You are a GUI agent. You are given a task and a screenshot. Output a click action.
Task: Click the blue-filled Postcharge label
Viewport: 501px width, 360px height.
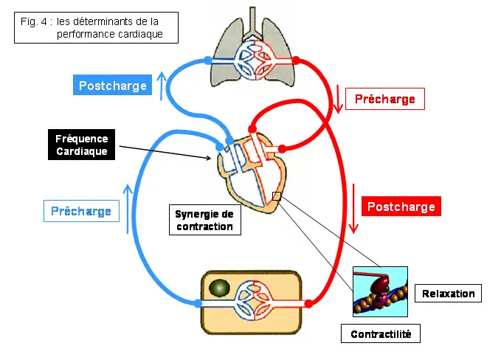click(x=114, y=86)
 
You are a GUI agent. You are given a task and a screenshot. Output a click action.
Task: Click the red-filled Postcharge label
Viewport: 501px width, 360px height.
click(x=401, y=207)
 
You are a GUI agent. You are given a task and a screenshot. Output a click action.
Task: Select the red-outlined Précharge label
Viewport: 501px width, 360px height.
click(x=385, y=100)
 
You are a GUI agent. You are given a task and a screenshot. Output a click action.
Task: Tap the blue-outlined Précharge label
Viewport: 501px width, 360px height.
click(x=80, y=211)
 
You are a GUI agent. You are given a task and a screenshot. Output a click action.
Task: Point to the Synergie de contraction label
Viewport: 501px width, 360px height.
click(x=204, y=220)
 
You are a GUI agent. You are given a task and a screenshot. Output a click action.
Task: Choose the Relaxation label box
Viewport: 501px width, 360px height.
click(x=449, y=294)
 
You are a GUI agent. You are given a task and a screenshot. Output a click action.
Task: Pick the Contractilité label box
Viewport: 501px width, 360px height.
click(x=381, y=334)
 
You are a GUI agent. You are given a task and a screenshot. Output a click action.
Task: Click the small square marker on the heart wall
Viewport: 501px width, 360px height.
click(x=277, y=195)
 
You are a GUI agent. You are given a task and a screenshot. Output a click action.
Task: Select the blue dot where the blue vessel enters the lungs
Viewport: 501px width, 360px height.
click(x=208, y=60)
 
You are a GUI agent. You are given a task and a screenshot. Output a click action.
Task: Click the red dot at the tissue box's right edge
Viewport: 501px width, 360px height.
click(x=310, y=302)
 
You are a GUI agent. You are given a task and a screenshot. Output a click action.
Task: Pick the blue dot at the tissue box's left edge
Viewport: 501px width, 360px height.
click(x=198, y=302)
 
